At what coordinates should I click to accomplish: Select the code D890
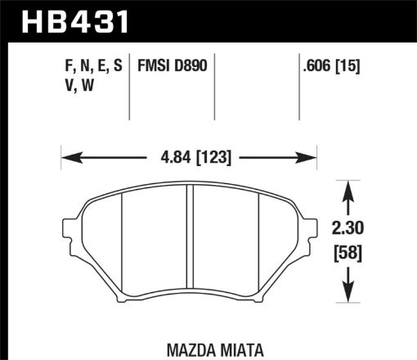(195, 65)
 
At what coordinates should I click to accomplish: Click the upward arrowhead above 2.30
(349, 190)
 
